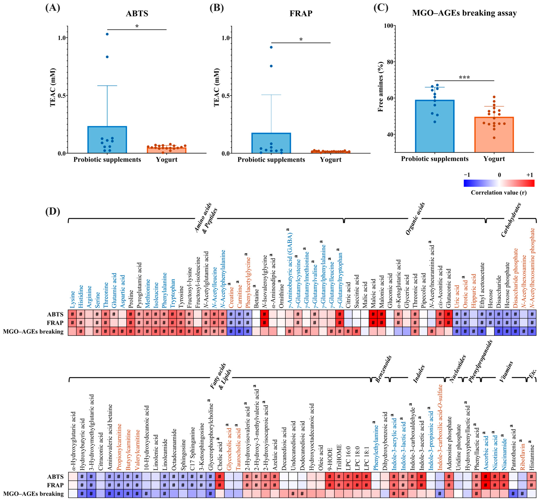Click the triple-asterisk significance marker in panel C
tap(464, 77)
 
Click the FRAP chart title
tap(301, 13)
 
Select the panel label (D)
tap(52, 211)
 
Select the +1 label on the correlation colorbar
tap(529, 175)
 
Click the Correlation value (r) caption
tap(499, 193)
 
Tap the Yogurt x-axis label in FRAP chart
tap(330, 159)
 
